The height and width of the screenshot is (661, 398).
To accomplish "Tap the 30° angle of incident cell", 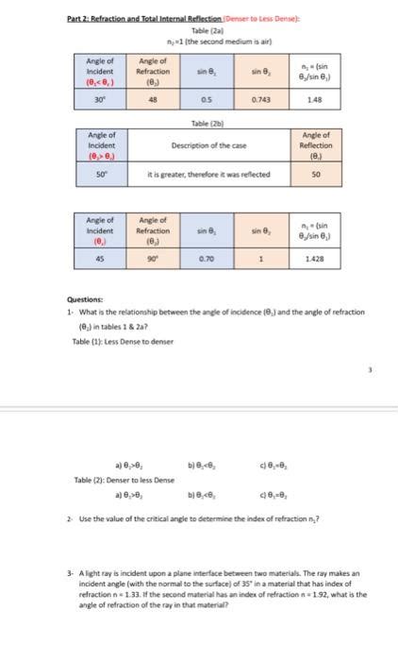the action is tap(98, 98).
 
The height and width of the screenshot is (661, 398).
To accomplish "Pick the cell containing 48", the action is tap(153, 98).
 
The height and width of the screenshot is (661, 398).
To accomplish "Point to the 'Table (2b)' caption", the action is tap(199, 122).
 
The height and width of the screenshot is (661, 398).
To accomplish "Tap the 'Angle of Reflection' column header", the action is tap(316, 145).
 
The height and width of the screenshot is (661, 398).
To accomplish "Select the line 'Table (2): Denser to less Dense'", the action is tap(110, 480).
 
